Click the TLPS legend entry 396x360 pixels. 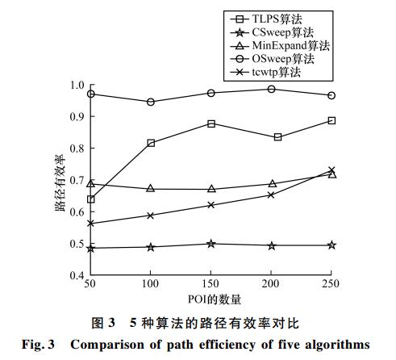pos(266,19)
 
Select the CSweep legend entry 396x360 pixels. pos(272,32)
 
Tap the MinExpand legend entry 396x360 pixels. pos(280,45)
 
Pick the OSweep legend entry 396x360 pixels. pos(272,59)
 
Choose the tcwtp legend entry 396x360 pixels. pos(265,72)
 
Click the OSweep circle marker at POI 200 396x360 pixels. pos(272,89)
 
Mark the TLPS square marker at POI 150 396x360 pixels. pos(211,123)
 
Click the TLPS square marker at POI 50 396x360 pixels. pos(91,199)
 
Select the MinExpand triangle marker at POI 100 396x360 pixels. pos(151,188)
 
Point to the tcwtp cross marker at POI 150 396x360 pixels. pos(211,205)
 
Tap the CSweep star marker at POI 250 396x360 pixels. pos(332,245)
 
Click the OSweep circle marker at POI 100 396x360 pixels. pos(151,102)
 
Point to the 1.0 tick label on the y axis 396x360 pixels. pos(77,86)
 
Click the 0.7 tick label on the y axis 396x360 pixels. pos(77,180)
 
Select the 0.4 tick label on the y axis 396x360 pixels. pos(77,275)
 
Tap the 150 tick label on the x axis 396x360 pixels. pos(211,283)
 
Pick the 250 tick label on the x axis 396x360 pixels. pos(331,283)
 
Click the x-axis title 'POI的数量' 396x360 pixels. pos(215,299)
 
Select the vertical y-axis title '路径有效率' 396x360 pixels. pos(60,182)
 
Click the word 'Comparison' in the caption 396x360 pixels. pos(107,345)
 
